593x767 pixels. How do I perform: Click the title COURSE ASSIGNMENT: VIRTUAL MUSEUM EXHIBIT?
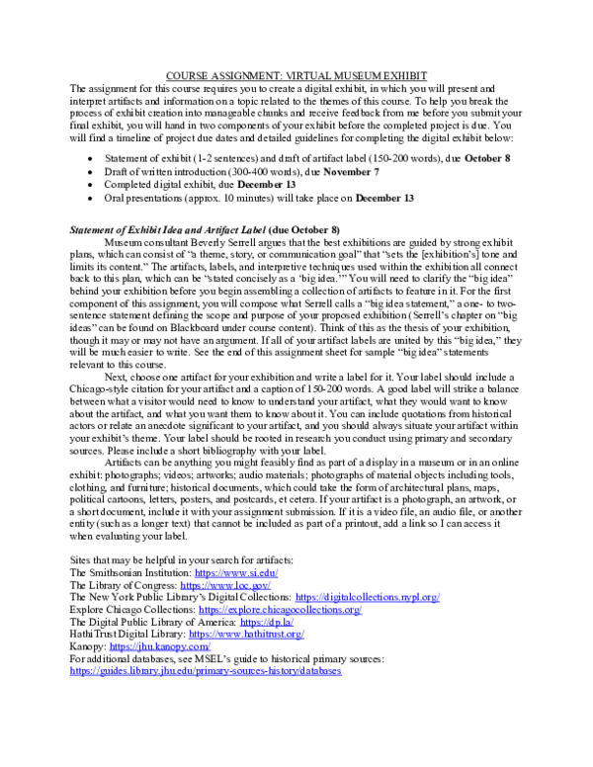click(296, 76)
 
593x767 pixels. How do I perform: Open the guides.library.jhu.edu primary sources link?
click(205, 671)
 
